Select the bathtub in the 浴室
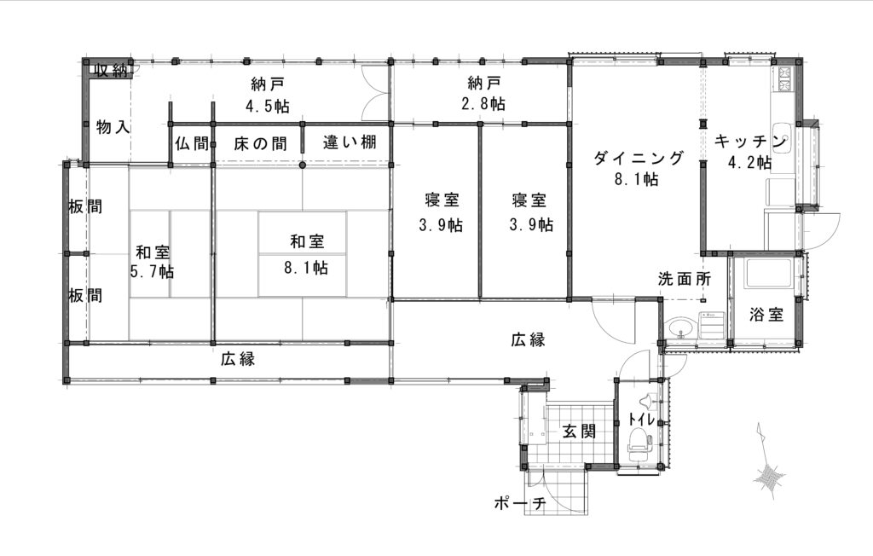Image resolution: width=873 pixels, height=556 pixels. pos(768,274)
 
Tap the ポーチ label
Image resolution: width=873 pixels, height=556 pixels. pos(519,504)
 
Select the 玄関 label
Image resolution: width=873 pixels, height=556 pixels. pos(579,431)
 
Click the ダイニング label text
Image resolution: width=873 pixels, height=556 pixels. pos(638,159)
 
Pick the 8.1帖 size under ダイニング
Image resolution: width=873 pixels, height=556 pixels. pos(637,179)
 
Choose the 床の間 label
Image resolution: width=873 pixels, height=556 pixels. pos(260,144)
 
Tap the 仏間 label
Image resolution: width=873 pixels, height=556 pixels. pos(192,144)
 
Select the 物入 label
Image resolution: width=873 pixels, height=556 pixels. pos(113,127)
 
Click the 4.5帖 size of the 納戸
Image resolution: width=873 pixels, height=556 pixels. pos(268,106)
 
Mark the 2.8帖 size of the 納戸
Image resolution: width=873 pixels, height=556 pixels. pos(483,104)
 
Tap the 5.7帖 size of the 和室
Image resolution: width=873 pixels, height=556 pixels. pos(152,272)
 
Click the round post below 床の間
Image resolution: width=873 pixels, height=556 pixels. pos(303,165)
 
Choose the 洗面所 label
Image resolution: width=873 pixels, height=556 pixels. pos(685,279)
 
